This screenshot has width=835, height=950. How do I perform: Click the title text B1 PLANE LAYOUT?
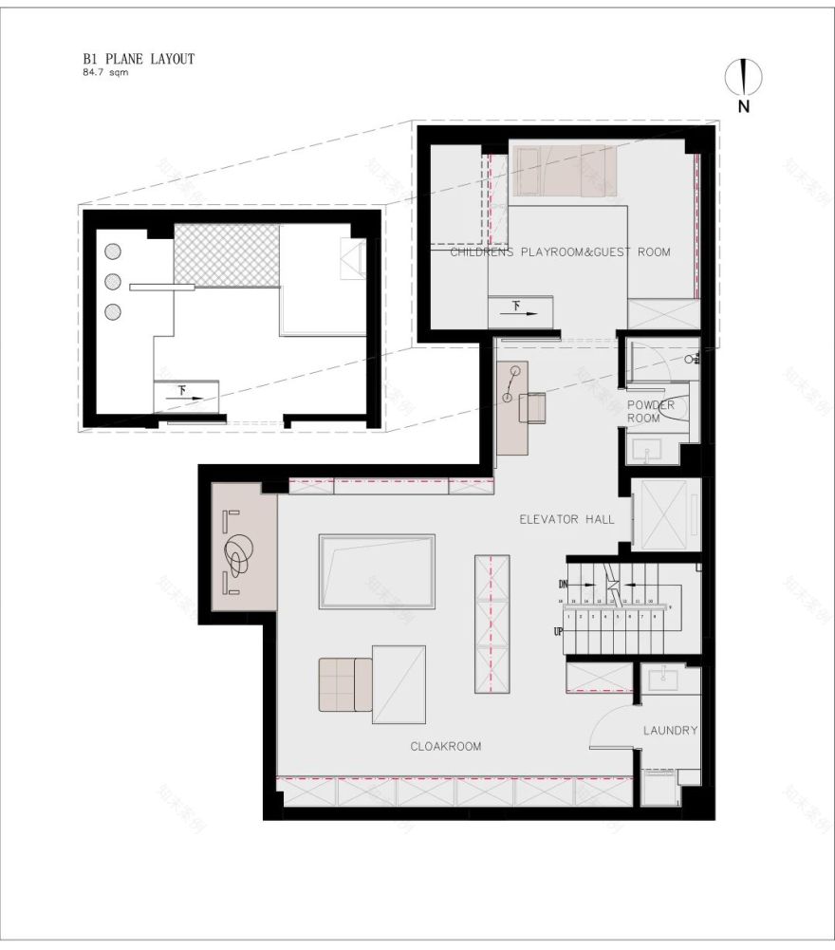pyautogui.click(x=139, y=59)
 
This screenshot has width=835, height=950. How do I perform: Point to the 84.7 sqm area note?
pyautogui.click(x=105, y=72)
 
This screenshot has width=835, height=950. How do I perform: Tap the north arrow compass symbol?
pyautogui.click(x=744, y=77)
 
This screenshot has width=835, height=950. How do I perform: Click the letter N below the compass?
pyautogui.click(x=744, y=107)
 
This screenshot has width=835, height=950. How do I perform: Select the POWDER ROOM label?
pyautogui.click(x=651, y=411)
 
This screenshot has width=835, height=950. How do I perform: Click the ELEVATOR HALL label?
pyautogui.click(x=566, y=519)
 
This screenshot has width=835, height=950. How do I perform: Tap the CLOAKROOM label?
pyautogui.click(x=445, y=746)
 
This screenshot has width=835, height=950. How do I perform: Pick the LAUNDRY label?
pyautogui.click(x=670, y=730)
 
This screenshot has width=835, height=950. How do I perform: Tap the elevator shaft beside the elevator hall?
pyautogui.click(x=666, y=515)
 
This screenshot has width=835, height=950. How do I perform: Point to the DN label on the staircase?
pyautogui.click(x=563, y=583)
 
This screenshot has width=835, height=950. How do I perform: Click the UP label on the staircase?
pyautogui.click(x=558, y=631)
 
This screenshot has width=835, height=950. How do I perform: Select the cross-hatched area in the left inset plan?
pyautogui.click(x=226, y=254)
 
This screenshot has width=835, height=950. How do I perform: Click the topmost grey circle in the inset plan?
pyautogui.click(x=112, y=251)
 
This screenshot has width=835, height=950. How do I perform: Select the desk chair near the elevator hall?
pyautogui.click(x=532, y=407)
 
